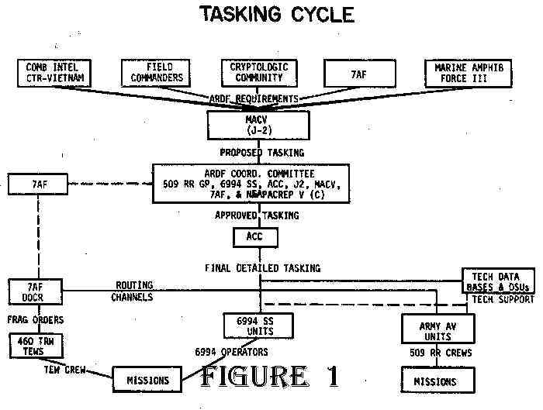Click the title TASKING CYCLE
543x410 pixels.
click(276, 14)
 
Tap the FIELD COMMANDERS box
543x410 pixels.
click(154, 73)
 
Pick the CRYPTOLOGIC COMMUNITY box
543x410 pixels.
click(258, 73)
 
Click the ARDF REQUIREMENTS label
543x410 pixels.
click(254, 99)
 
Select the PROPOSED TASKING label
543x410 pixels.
click(261, 153)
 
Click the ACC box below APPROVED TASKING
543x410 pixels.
click(254, 236)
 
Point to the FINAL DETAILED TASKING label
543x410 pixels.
click(262, 268)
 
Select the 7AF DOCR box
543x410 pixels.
click(25, 292)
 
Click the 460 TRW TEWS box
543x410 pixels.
click(29, 346)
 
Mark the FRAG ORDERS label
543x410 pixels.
click(30, 319)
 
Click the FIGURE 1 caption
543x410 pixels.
click(268, 376)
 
